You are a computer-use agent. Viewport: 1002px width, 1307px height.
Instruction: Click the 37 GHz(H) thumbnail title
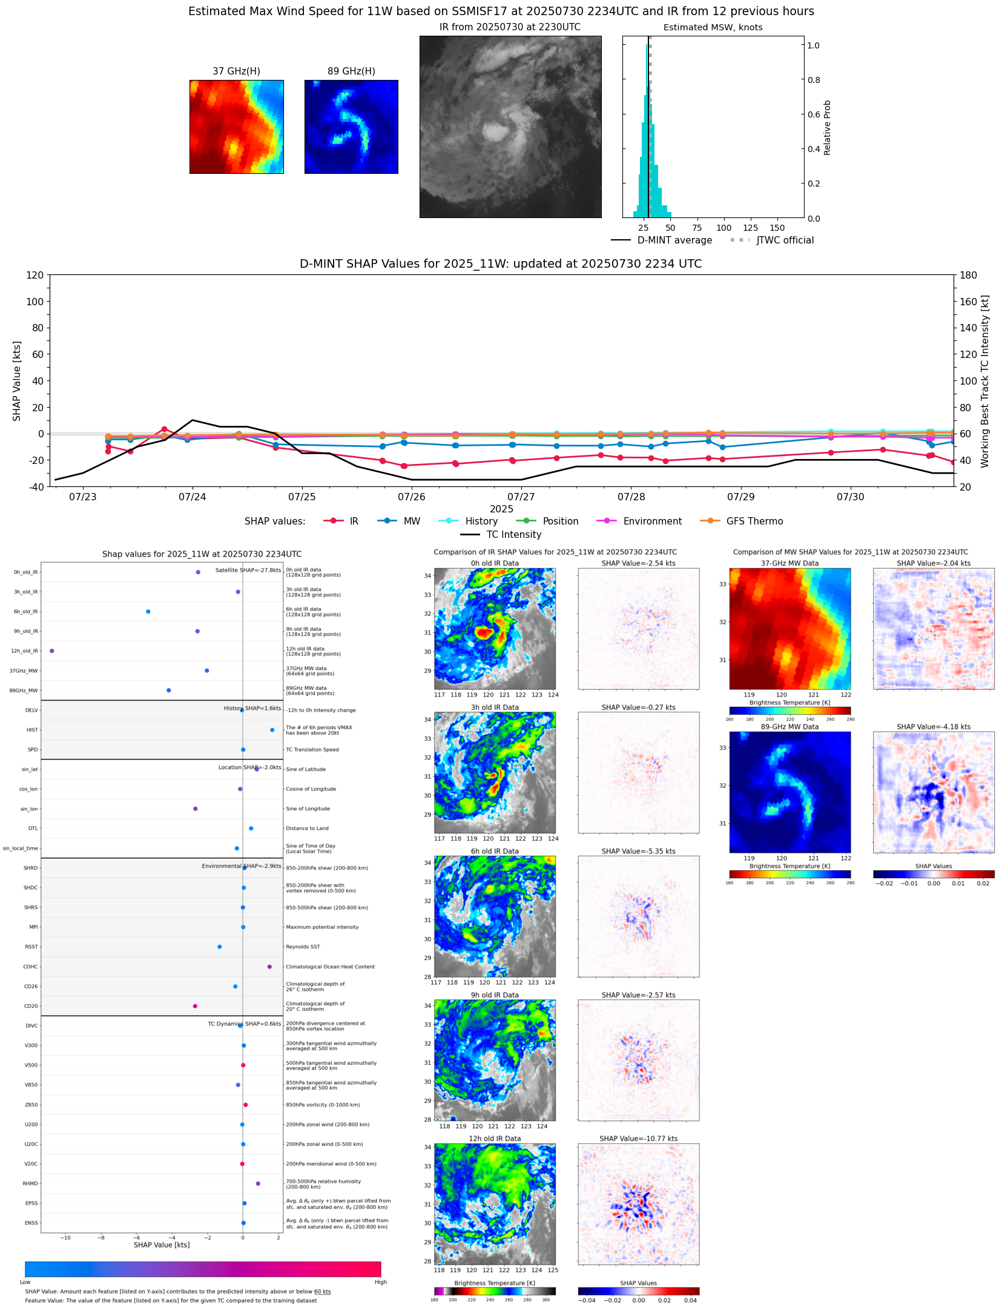[x=236, y=71]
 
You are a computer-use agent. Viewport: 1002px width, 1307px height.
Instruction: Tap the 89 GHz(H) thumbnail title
[x=351, y=71]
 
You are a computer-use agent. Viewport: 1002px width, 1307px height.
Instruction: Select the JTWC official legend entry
[x=785, y=240]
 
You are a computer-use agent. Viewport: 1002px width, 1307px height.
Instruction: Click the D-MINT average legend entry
[x=674, y=240]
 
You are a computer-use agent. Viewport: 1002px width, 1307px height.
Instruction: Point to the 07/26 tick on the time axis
[x=412, y=497]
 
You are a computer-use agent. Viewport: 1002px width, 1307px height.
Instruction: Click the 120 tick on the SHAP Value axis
[x=35, y=276]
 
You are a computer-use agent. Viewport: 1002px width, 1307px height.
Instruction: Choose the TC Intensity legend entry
[x=513, y=535]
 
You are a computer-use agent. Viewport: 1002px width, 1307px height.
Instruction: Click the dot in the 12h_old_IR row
[x=52, y=651]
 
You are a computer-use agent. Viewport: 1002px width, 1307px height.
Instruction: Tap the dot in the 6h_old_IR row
[x=148, y=612]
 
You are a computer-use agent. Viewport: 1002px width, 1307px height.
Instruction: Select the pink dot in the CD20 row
[x=195, y=1006]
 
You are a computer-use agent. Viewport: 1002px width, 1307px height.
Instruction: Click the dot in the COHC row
[x=269, y=967]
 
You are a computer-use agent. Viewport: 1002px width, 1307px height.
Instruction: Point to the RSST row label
[x=31, y=947]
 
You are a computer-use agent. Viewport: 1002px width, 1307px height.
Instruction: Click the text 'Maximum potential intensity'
[x=322, y=927]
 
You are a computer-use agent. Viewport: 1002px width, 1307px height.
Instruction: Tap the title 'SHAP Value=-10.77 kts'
[x=638, y=1139]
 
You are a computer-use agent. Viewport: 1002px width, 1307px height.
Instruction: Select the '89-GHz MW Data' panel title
[x=789, y=727]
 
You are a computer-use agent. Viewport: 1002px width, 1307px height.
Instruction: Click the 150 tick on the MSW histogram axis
[x=777, y=228]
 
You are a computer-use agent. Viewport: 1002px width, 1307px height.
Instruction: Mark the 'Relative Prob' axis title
[x=828, y=128]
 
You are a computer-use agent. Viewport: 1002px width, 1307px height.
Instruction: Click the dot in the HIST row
[x=272, y=730]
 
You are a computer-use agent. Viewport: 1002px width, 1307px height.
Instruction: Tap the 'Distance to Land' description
[x=307, y=829]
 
